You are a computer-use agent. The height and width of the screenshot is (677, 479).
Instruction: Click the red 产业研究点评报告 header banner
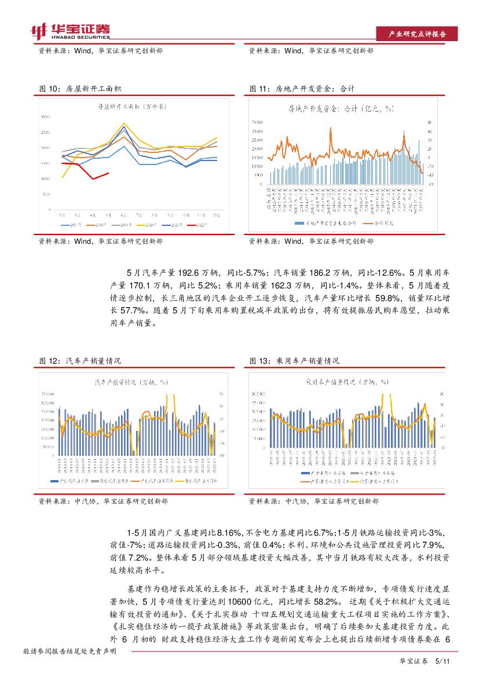(416, 34)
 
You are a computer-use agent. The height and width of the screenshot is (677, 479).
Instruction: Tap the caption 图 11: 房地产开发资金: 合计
(302, 89)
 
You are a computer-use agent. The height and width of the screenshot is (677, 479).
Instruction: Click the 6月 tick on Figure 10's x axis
(124, 214)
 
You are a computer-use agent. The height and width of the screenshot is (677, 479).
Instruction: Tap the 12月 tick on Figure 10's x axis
(217, 214)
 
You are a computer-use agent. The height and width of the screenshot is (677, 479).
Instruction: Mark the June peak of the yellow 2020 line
(124, 123)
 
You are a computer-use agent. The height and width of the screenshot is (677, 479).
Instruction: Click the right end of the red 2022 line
(108, 173)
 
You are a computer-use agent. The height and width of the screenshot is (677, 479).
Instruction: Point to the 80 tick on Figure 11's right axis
(429, 123)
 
